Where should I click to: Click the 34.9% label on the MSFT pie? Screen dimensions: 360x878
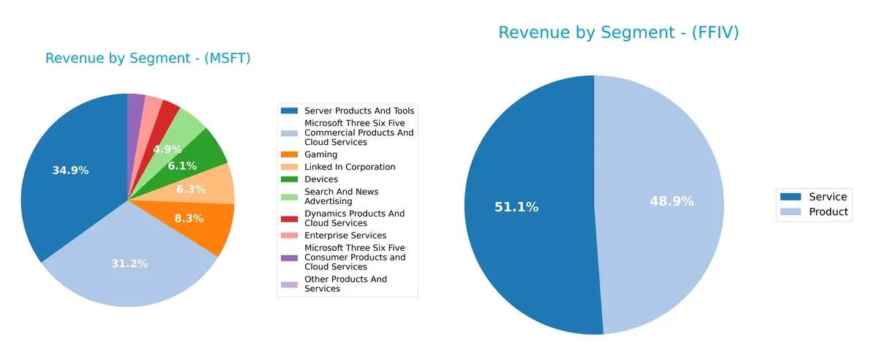point(70,170)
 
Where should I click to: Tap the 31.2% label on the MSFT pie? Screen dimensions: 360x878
point(129,263)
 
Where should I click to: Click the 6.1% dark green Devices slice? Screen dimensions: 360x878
point(182,166)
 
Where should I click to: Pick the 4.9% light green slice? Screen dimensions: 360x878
point(167,149)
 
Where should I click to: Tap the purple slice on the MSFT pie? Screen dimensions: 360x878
point(136,105)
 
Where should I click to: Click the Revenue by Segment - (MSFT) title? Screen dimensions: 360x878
point(148,59)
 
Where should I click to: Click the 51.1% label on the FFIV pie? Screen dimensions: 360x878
point(517,207)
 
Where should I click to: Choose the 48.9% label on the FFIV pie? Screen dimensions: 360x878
point(672,201)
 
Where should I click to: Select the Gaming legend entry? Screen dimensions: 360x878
point(320,154)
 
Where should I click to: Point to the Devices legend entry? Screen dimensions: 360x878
point(321,179)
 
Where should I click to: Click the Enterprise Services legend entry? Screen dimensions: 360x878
point(345,236)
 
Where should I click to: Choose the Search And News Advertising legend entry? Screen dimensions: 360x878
point(341,196)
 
